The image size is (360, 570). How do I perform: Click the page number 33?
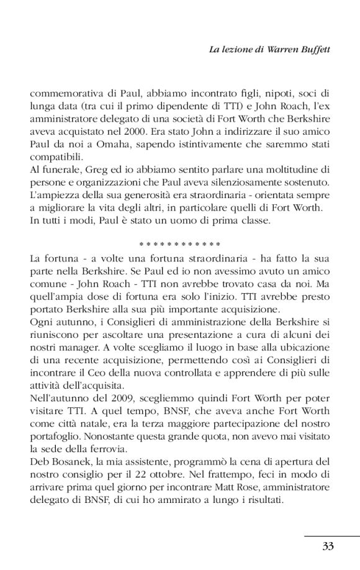(x=329, y=546)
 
